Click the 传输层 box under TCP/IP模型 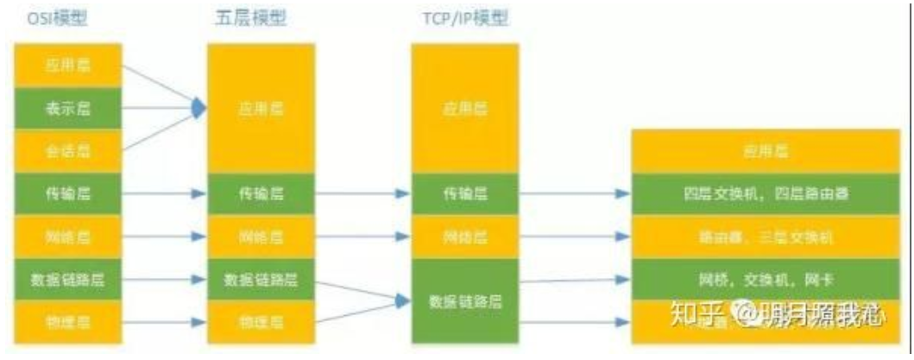point(464,193)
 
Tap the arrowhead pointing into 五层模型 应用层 point(200,109)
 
